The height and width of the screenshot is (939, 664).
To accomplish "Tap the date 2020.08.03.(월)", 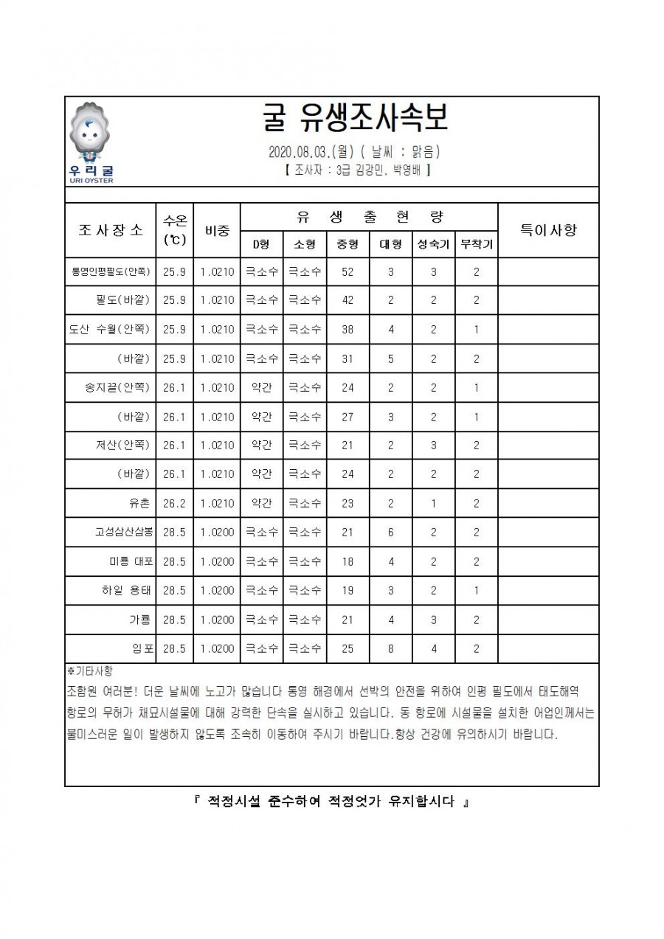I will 311,153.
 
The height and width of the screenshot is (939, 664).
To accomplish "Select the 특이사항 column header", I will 548,229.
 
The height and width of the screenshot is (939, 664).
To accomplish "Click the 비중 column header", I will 217,229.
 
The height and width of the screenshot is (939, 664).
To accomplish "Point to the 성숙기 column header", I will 433,244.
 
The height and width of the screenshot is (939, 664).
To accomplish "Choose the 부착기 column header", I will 476,244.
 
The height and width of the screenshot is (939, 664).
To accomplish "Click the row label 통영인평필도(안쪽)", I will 111,272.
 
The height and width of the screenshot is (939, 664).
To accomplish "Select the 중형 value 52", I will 347,272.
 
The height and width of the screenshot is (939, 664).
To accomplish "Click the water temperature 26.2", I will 174,503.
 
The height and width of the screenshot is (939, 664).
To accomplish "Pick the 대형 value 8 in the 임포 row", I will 390,648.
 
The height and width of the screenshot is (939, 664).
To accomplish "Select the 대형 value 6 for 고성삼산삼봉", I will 390,533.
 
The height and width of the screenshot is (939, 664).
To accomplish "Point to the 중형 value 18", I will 347,561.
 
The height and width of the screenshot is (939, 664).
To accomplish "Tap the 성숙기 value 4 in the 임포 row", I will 433,648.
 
